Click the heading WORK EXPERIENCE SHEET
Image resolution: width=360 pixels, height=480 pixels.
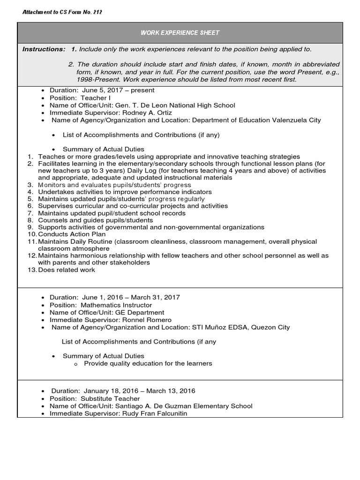click(180, 33)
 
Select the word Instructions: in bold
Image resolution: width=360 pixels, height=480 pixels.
click(44, 49)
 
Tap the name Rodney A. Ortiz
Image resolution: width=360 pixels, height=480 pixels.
click(148, 112)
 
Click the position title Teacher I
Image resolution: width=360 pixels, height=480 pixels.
click(94, 98)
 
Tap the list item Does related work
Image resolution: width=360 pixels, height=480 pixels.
click(67, 270)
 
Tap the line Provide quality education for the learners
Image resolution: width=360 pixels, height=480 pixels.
click(148, 363)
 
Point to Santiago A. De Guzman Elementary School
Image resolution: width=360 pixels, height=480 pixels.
click(183, 406)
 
